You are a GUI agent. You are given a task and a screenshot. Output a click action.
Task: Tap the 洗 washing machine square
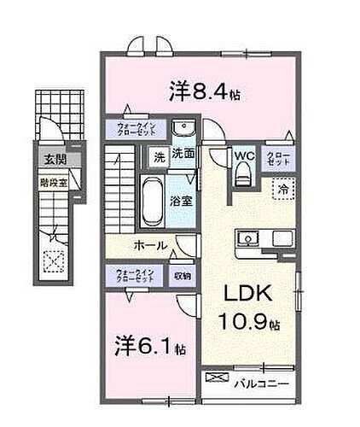point(159,156)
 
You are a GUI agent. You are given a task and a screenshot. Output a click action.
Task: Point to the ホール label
point(148,245)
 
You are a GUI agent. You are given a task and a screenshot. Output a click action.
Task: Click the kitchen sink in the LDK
point(248,237)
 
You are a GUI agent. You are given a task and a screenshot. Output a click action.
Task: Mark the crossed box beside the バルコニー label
point(218,377)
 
